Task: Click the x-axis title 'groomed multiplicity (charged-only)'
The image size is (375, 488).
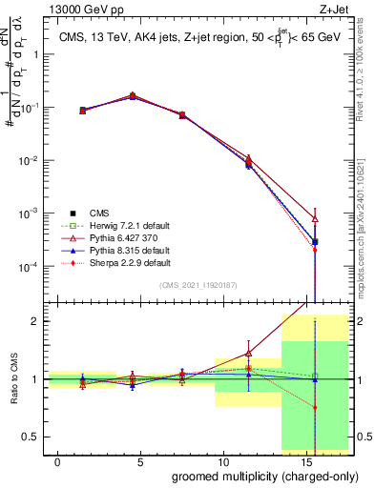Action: (x=253, y=476)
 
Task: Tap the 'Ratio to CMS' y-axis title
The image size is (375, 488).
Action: (x=15, y=379)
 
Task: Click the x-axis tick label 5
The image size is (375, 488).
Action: (x=139, y=461)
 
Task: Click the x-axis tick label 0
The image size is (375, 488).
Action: (x=58, y=461)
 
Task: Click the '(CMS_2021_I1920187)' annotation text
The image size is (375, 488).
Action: (x=197, y=284)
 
